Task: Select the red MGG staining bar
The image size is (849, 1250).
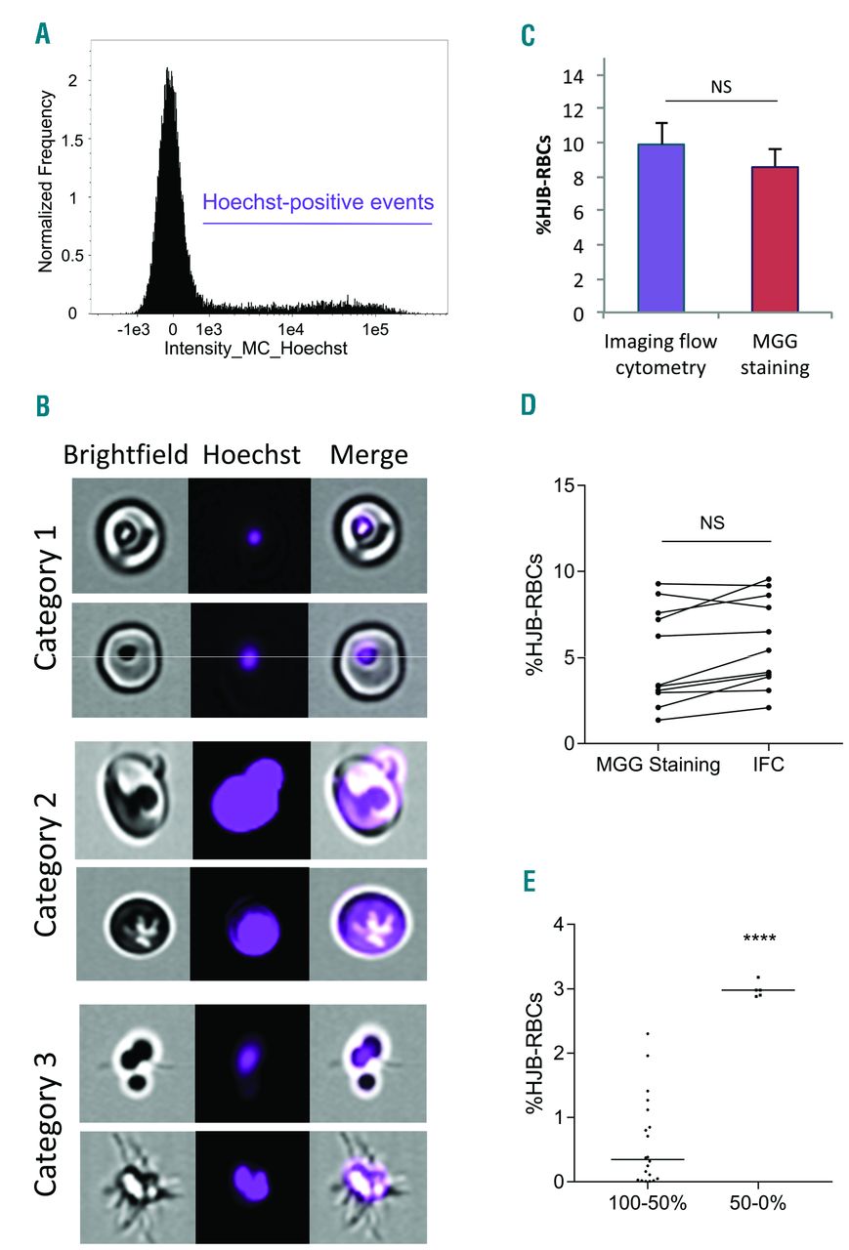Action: [x=774, y=239]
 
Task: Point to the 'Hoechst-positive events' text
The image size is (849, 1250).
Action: [x=318, y=203]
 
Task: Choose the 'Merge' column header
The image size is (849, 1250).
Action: [x=368, y=454]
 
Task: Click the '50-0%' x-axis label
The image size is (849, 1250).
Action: [x=758, y=1201]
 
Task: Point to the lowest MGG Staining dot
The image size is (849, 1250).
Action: [x=659, y=720]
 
